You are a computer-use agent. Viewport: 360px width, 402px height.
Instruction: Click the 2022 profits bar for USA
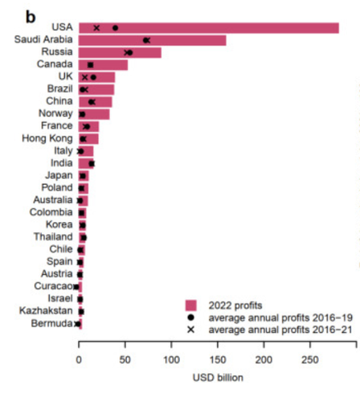click(x=209, y=28)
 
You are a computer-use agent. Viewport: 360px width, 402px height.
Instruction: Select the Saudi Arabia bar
click(x=153, y=40)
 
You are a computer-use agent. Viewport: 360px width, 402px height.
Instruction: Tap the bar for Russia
click(x=120, y=52)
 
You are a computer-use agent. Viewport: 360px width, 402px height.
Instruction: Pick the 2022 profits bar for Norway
click(x=94, y=114)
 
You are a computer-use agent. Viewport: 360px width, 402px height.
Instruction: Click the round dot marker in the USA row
click(x=115, y=28)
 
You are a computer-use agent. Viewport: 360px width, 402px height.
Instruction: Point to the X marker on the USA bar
click(x=96, y=28)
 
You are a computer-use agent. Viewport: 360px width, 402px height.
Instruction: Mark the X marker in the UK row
click(x=84, y=77)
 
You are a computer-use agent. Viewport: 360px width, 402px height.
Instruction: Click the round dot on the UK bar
click(x=93, y=77)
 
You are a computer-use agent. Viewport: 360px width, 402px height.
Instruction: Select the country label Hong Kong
click(x=47, y=138)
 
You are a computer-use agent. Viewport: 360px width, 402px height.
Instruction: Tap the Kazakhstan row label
click(x=46, y=310)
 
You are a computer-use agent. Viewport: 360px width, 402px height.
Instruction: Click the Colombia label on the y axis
click(x=51, y=212)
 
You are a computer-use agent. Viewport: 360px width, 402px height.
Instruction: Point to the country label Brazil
click(x=60, y=88)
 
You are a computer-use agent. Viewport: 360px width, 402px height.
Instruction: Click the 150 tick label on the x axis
click(x=218, y=359)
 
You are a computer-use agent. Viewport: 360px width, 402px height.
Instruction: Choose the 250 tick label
click(x=310, y=359)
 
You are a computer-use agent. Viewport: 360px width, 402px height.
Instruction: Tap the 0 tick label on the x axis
click(x=79, y=359)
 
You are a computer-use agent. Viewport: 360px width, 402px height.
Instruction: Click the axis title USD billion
click(x=218, y=378)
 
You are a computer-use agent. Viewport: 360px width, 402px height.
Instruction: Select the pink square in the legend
click(x=190, y=306)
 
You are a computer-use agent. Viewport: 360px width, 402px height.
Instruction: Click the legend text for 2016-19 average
click(x=280, y=318)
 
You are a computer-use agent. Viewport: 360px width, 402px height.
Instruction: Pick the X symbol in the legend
click(x=190, y=330)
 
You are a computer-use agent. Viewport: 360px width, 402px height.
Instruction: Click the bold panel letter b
click(x=31, y=18)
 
